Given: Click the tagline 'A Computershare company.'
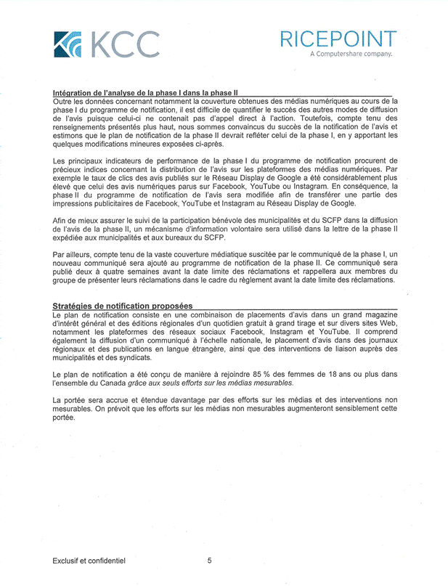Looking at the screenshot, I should click(351, 54).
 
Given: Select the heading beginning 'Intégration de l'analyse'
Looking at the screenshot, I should click(145, 94).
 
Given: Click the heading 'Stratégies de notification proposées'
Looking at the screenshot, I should click(122, 306).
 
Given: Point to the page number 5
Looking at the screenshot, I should click(209, 560).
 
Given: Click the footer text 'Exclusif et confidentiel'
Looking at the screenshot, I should click(89, 560).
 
